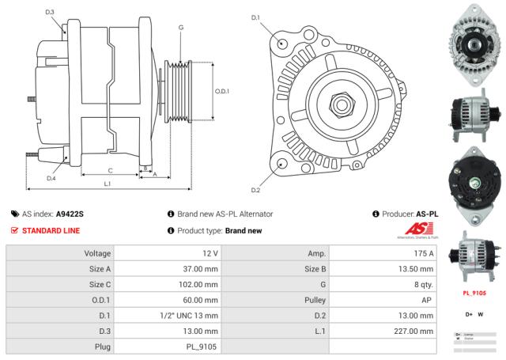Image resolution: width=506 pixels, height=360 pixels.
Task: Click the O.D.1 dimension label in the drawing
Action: click(x=222, y=91)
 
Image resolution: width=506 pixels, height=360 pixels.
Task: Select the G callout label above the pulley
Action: click(x=181, y=28)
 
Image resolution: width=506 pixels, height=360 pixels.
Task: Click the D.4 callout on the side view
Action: click(x=51, y=178)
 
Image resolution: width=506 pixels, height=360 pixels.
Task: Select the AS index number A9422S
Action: click(x=70, y=214)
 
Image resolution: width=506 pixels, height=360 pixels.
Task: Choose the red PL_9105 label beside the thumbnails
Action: click(x=473, y=292)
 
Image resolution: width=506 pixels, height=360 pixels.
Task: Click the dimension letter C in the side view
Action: click(x=109, y=170)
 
